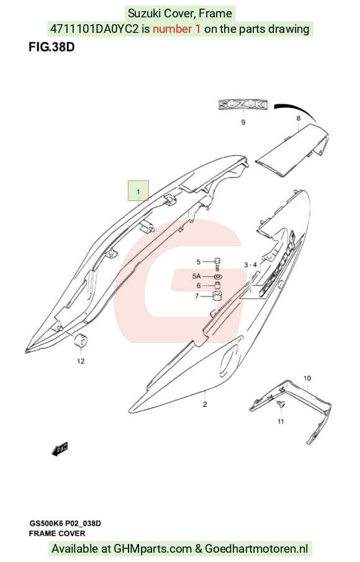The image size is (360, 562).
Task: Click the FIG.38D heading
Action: tap(52, 47)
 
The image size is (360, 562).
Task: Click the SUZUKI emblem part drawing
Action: tap(243, 104)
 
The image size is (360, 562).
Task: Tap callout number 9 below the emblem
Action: tap(243, 122)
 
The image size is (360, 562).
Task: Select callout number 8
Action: tap(299, 118)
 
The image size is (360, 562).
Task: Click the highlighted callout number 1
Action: tap(138, 192)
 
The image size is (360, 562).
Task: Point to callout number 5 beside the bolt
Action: tap(198, 262)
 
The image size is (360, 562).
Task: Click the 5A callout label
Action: tap(197, 276)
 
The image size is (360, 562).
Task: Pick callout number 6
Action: tap(199, 286)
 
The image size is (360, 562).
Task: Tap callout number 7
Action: tap(197, 296)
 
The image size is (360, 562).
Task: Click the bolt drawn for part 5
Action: tap(217, 264)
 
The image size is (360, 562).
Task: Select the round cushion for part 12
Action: tap(81, 340)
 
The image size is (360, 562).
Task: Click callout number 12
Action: tap(81, 361)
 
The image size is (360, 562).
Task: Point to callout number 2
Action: tap(205, 404)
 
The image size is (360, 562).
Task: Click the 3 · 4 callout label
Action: tap(250, 265)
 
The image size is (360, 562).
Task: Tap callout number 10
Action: tap(307, 378)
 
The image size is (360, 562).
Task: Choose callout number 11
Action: tap(281, 421)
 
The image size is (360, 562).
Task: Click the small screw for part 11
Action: tap(281, 404)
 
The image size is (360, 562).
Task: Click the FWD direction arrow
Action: tap(60, 449)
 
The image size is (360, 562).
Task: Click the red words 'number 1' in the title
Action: tap(177, 29)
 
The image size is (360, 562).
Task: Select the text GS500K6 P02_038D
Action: tap(65, 524)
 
